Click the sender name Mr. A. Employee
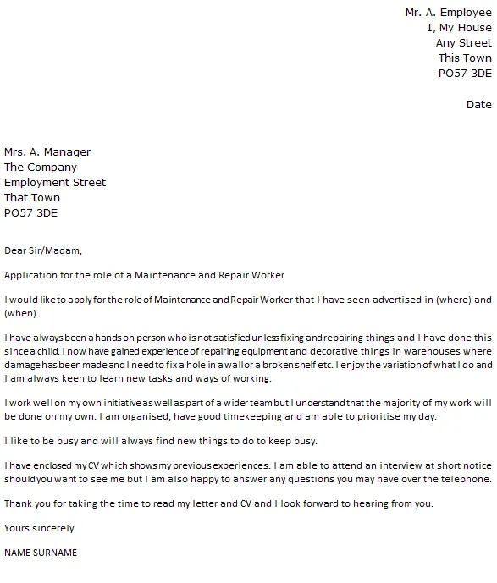448,13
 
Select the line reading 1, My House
458,28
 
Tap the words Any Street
463,43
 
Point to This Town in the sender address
464,58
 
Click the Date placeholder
478,105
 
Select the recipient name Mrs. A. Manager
47,152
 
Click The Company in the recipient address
41,168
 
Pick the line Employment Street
55,183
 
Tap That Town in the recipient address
32,198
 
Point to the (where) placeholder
453,300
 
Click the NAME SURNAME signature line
41,553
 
